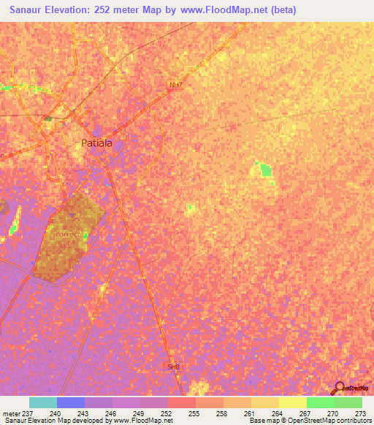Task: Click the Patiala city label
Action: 96,143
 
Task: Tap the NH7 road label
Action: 175,85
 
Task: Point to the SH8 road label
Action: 173,367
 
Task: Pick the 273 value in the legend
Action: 359,413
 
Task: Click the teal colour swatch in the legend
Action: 42,402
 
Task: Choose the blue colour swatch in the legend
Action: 70,402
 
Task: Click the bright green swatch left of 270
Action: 320,402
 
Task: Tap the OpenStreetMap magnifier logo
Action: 338,388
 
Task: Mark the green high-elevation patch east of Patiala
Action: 265,171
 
